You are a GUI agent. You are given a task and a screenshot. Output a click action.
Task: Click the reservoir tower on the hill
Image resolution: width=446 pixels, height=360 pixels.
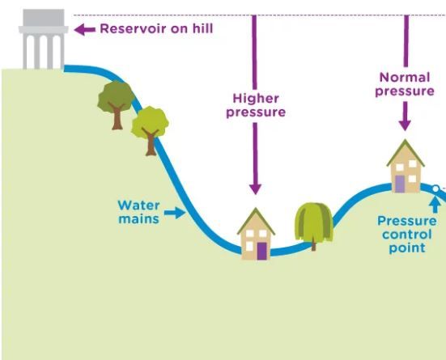44,40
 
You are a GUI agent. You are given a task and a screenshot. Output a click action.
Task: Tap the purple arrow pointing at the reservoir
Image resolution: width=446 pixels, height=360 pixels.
84,29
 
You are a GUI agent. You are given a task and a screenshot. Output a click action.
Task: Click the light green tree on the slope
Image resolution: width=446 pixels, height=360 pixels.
150,130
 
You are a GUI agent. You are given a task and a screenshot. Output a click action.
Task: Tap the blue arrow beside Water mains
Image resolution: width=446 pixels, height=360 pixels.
175,213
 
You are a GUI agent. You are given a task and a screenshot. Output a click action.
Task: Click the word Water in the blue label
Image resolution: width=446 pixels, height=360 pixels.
138,205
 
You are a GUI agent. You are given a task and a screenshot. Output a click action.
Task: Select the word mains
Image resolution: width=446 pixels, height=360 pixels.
138,219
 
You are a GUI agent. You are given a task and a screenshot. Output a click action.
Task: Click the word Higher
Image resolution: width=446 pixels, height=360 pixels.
256,99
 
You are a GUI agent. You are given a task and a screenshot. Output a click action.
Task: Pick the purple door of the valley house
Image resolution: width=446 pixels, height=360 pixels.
262,251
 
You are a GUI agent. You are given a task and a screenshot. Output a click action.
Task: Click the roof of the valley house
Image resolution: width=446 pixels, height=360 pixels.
256,221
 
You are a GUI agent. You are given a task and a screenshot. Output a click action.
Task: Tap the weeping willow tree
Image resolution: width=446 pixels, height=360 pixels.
314,226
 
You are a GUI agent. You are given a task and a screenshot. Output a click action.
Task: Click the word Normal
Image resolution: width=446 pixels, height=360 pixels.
405,78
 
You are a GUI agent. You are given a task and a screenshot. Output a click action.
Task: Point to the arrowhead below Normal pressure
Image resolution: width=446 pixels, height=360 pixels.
405,125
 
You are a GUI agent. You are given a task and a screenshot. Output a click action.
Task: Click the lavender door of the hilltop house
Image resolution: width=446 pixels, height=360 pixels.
400,184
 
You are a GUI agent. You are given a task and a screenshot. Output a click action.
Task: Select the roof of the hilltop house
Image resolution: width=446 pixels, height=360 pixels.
406,153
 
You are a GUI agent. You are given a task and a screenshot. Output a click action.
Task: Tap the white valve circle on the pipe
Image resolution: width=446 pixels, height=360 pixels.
435,188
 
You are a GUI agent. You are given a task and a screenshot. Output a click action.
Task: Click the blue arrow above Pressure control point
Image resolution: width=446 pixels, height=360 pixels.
435,205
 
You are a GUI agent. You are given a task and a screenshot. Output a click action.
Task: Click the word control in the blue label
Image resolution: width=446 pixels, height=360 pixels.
407,235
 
